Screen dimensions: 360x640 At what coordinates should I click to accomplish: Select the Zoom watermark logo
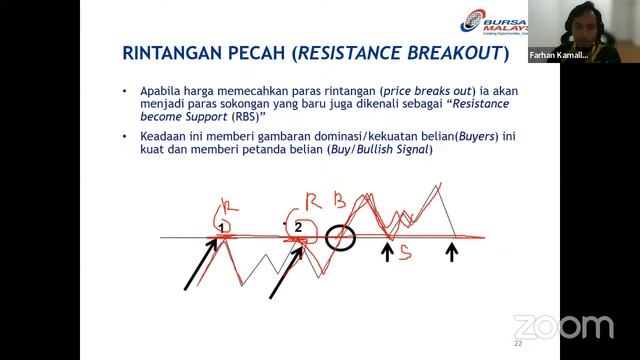pos(563,326)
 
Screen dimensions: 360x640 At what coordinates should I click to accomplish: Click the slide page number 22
pos(518,343)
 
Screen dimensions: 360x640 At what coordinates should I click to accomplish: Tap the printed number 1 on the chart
pos(222,229)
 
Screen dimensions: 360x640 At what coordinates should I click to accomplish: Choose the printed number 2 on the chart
pos(298,228)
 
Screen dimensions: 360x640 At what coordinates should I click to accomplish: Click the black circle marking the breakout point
pos(340,238)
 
